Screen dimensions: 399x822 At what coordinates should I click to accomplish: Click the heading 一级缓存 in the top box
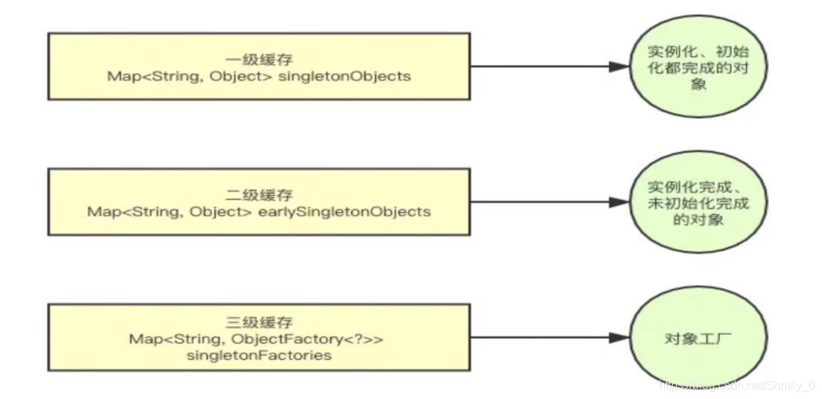coord(259,59)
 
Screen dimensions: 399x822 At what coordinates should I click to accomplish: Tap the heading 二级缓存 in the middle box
coord(259,195)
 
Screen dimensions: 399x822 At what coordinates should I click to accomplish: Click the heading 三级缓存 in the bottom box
coord(259,322)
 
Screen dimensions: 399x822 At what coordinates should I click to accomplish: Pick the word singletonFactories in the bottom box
coord(259,355)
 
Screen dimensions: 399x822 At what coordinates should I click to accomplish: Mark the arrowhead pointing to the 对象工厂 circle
coord(619,339)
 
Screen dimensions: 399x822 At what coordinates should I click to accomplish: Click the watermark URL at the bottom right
coord(737,384)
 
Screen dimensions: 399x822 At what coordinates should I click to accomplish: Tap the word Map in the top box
coord(123,76)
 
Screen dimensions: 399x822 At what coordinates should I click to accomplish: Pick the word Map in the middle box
coord(102,212)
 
